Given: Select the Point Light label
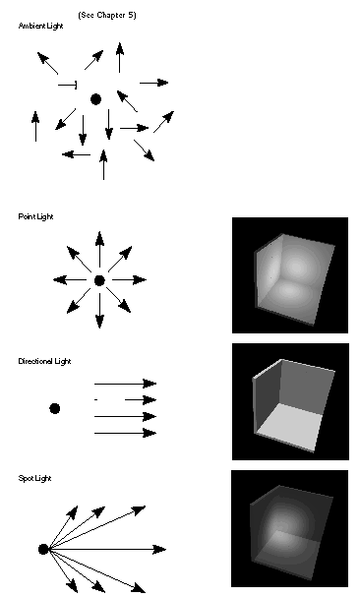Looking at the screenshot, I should point(35,215).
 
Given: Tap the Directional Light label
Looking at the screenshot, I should point(43,362).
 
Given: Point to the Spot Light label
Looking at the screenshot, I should point(34,478).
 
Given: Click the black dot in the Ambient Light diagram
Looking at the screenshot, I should point(95,99).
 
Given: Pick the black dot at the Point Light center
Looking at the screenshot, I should point(99,281).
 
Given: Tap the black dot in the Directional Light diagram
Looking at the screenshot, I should point(55,408).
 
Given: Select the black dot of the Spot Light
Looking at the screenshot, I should point(43,550).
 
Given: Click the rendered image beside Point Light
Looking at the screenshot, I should point(289,274).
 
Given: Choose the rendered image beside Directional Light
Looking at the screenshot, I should point(289,401).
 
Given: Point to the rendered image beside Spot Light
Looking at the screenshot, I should point(289,528).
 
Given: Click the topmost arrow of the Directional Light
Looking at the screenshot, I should point(126,383).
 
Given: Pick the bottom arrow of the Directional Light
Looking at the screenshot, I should point(126,433).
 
